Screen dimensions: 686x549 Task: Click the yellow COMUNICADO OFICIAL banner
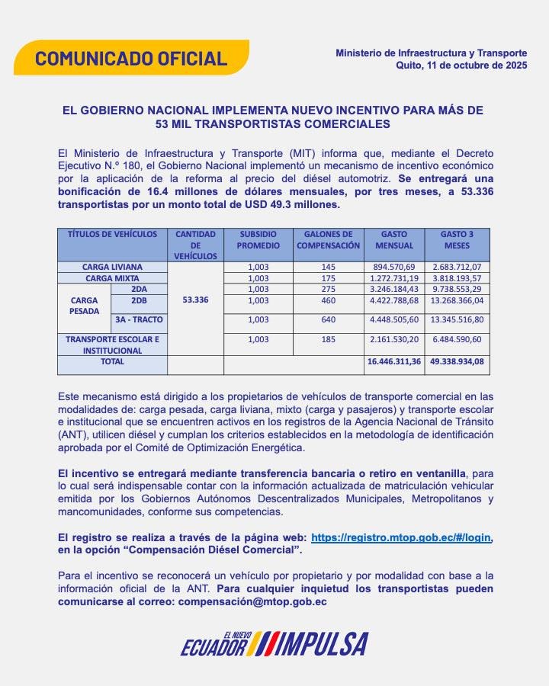[131, 58]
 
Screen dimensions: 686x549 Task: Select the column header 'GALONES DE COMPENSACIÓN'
[328, 240]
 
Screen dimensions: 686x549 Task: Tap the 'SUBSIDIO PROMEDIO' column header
[258, 240]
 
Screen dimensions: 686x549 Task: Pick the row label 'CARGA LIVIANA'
[112, 268]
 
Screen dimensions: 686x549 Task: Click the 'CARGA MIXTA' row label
[112, 278]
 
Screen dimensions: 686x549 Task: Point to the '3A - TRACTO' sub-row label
[139, 319]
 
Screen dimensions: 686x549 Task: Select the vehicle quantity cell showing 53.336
[195, 300]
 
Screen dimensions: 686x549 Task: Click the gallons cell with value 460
[328, 300]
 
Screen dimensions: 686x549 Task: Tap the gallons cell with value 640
[328, 319]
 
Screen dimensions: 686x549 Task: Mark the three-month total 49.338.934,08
[457, 362]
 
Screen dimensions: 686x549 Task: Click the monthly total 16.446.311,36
[393, 362]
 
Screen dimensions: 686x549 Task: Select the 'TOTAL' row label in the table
[112, 361]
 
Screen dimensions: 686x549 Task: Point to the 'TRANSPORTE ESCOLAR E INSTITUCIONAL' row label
[112, 345]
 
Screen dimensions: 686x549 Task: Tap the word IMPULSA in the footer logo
[324, 645]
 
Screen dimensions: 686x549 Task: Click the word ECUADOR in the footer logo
[214, 649]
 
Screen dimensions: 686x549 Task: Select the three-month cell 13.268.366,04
[457, 300]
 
